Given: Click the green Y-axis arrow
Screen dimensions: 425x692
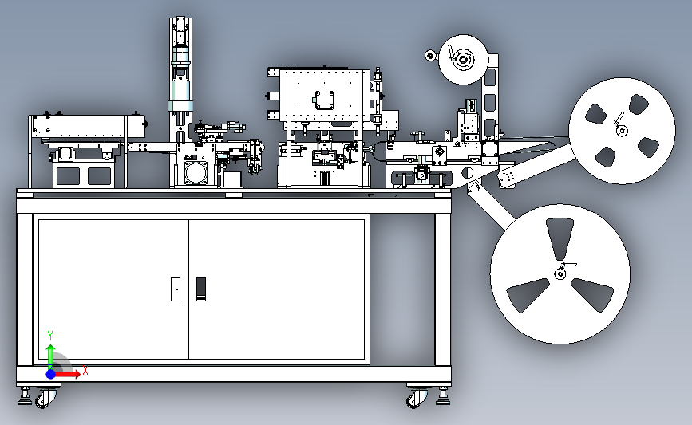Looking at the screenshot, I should coord(50,355).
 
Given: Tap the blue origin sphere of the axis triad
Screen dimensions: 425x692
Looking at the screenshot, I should coord(51,373).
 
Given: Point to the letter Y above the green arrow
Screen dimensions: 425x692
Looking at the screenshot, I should coord(50,335).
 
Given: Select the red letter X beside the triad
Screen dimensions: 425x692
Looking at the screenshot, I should coord(85,371).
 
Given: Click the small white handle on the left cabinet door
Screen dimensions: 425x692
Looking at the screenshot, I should coord(176,288).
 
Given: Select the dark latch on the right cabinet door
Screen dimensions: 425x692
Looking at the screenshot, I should coord(201,289).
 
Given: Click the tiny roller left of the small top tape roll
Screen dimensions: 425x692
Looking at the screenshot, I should coord(430,56).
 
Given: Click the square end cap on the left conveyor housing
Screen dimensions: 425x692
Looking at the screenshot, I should coord(41,124).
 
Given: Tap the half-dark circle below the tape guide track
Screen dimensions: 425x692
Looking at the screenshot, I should coord(469,172).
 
